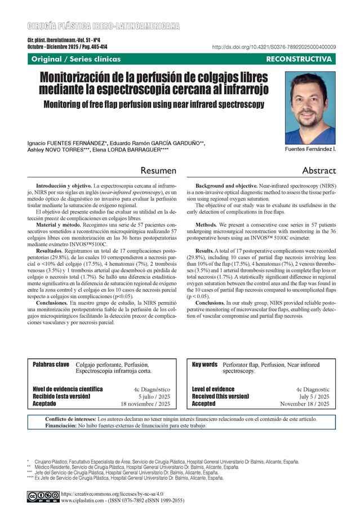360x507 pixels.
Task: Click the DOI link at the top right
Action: (274, 47)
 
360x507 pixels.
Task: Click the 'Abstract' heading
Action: (319, 170)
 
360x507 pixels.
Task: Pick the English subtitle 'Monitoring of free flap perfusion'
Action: (154, 104)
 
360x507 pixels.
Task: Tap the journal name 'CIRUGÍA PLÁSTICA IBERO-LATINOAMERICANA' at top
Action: (103, 26)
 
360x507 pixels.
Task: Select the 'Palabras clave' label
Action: (51, 364)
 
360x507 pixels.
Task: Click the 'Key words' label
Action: (205, 364)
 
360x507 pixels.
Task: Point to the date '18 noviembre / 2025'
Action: (145, 404)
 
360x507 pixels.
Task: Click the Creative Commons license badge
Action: (43, 496)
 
